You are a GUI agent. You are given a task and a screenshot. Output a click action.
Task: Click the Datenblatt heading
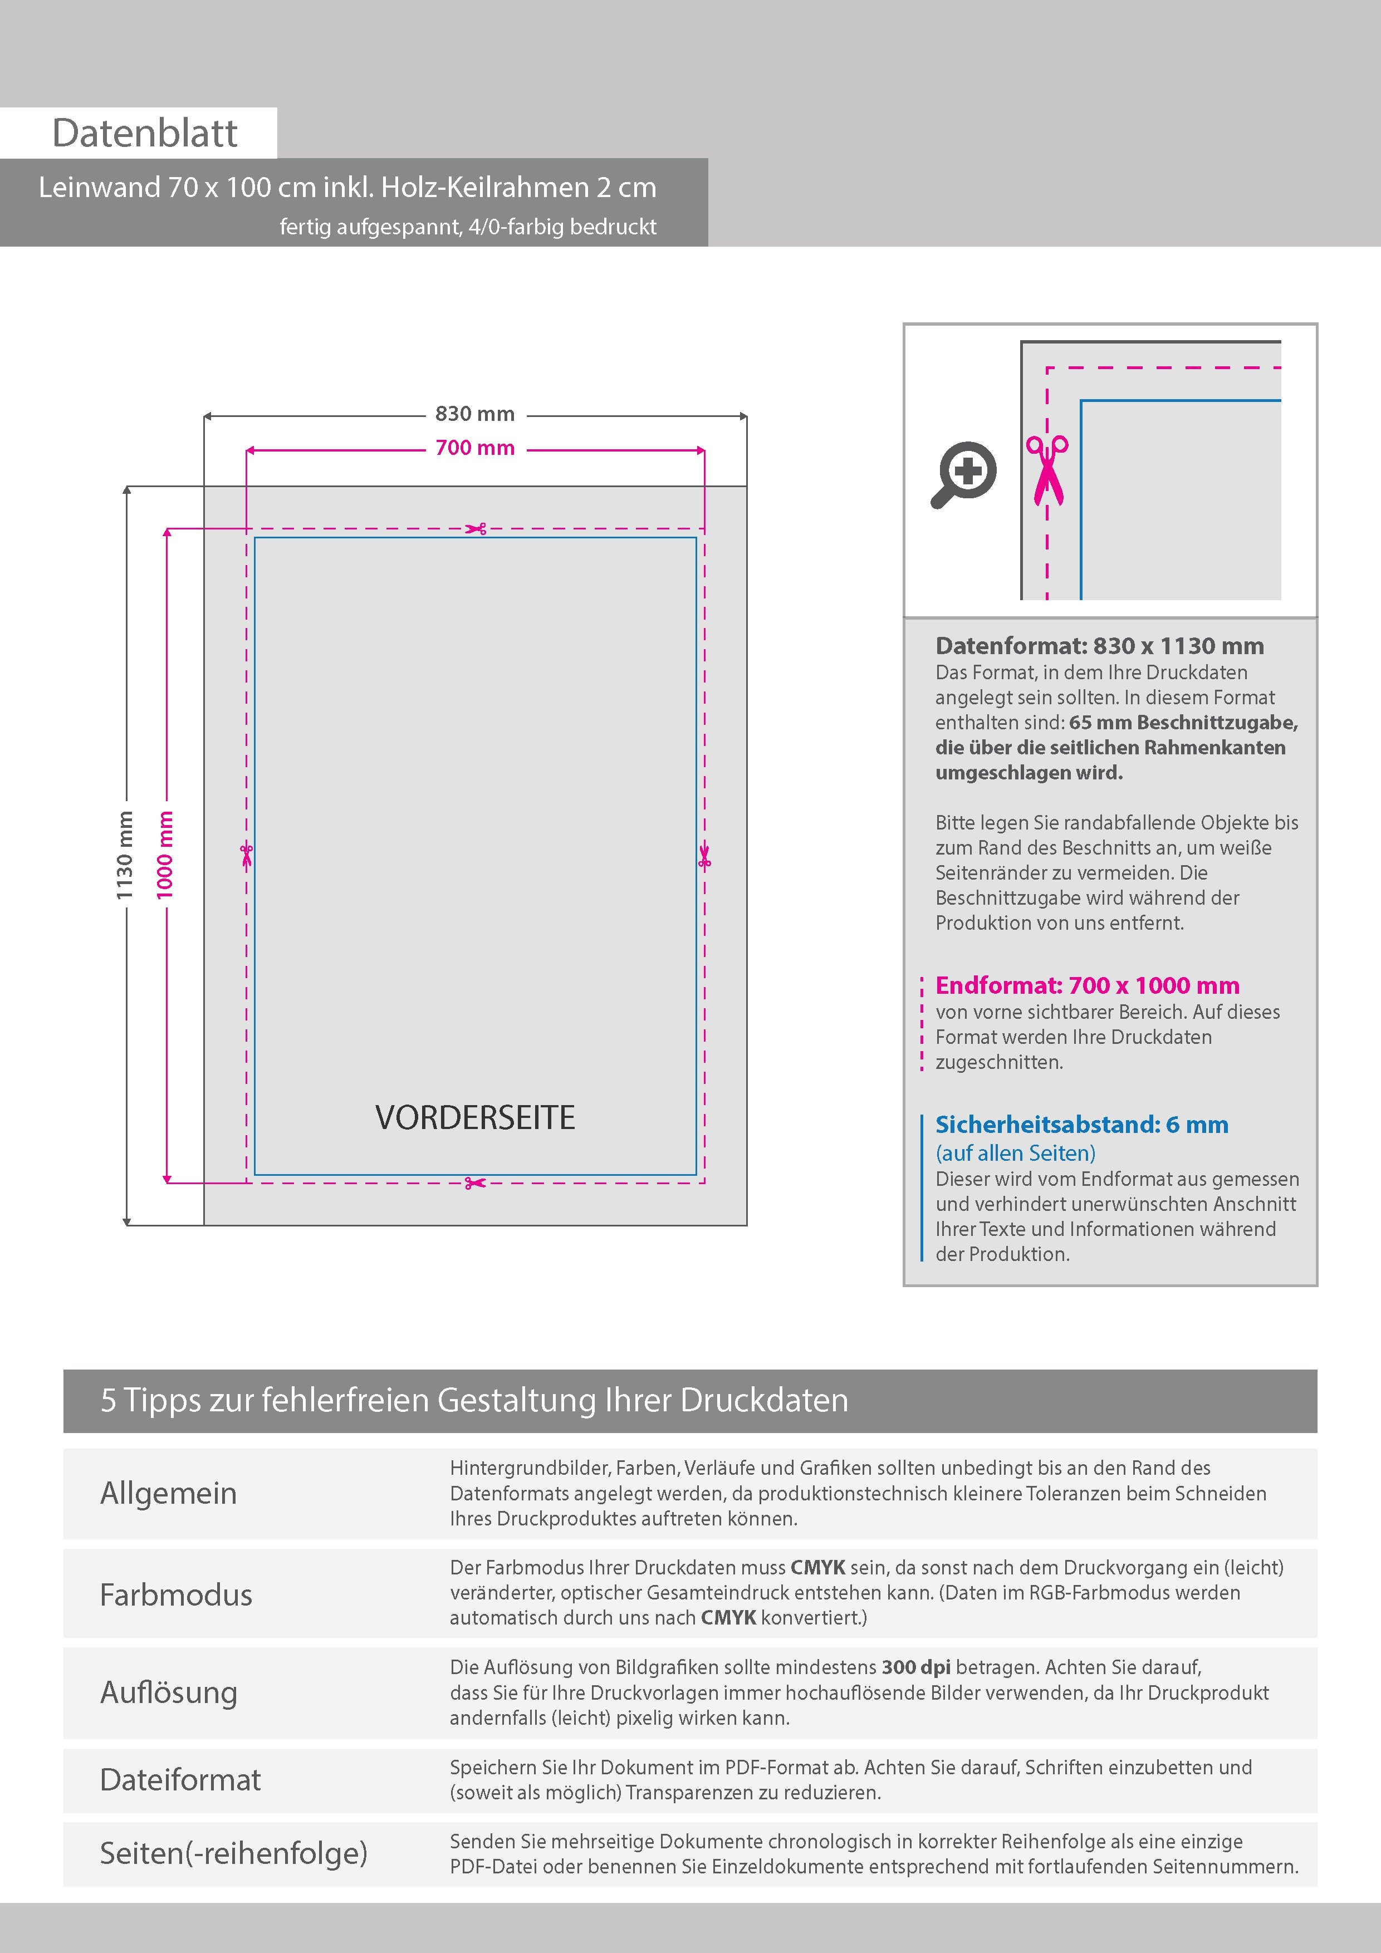pyautogui.click(x=145, y=133)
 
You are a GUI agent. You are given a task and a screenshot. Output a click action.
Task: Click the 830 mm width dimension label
pyautogui.click(x=475, y=414)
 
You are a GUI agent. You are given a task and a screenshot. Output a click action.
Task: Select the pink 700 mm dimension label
pyautogui.click(x=475, y=448)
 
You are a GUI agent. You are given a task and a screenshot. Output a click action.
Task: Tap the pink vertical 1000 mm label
pyautogui.click(x=165, y=855)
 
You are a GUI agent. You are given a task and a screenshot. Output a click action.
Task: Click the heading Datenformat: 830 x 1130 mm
pyautogui.click(x=1099, y=646)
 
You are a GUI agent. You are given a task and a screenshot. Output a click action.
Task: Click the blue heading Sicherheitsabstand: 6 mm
pyautogui.click(x=1081, y=1125)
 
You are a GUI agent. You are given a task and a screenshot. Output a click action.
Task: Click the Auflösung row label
pyautogui.click(x=169, y=1692)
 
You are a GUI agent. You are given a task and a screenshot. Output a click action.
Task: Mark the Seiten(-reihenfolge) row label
pyautogui.click(x=233, y=1853)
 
